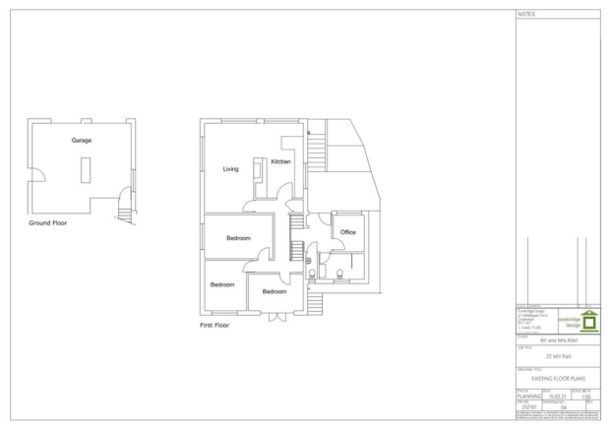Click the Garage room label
pyautogui.click(x=82, y=141)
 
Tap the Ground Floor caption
pyautogui.click(x=47, y=223)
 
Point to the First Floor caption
pyautogui.click(x=214, y=324)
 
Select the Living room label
pyautogui.click(x=230, y=169)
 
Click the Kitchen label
pyautogui.click(x=280, y=161)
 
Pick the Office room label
pyautogui.click(x=346, y=232)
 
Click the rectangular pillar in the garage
pyautogui.click(x=83, y=172)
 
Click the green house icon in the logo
pyautogui.click(x=588, y=321)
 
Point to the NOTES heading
pyautogui.click(x=525, y=14)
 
